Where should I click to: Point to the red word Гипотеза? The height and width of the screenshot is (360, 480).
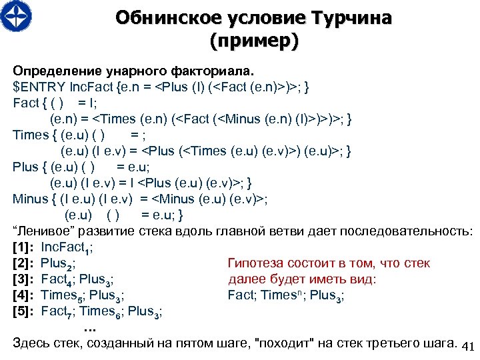[x=256, y=264]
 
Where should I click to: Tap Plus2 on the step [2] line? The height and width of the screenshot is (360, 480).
[x=57, y=265]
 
